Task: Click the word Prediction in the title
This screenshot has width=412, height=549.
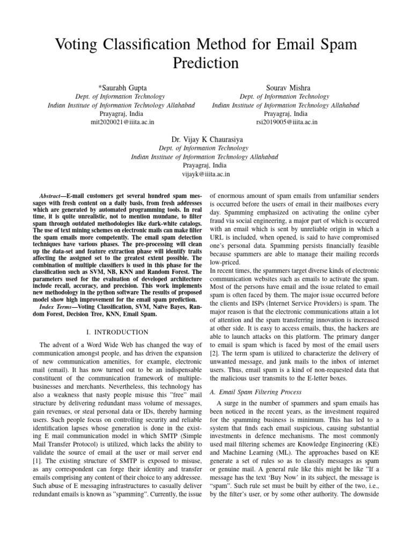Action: click(205, 62)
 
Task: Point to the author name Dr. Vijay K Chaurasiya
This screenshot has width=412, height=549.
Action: click(205, 139)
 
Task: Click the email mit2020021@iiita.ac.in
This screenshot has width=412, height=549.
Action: click(122, 122)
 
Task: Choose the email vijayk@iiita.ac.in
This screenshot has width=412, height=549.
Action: click(205, 174)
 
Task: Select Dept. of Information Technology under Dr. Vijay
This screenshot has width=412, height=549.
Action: click(205, 148)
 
